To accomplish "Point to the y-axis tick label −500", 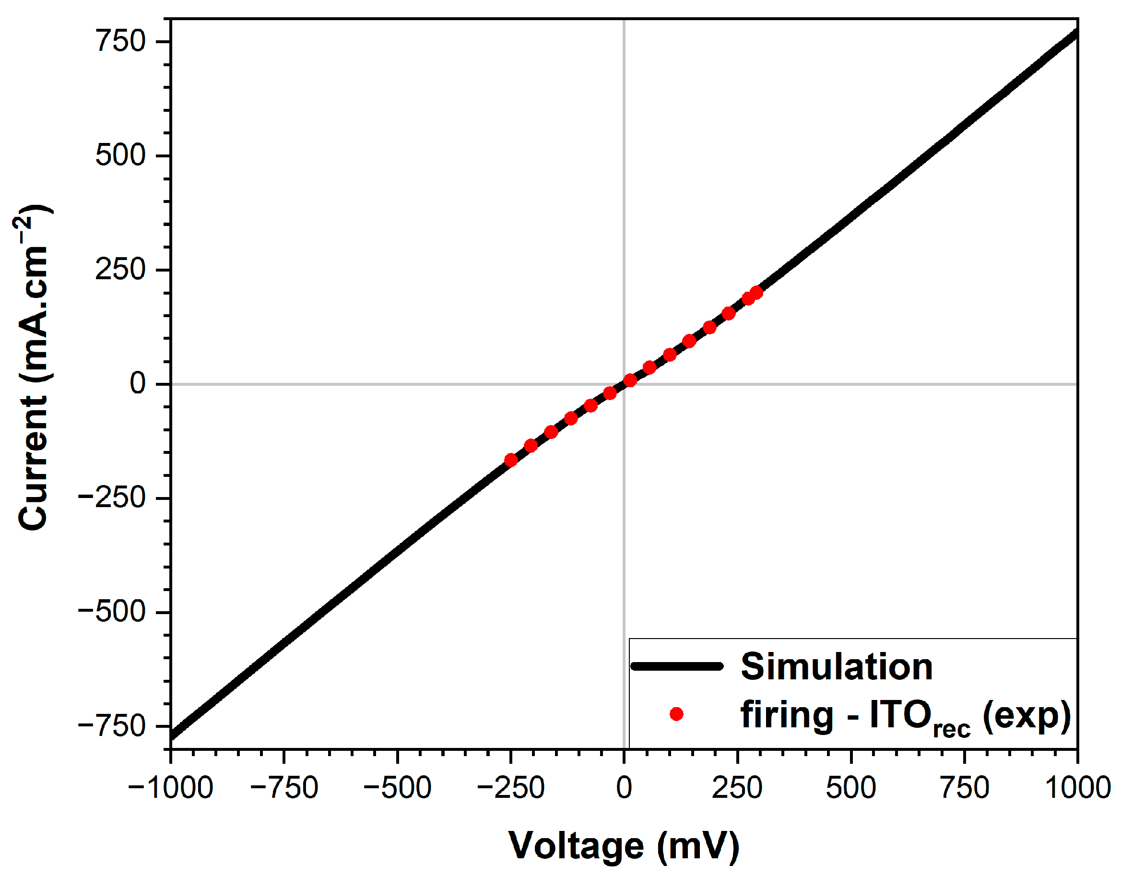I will point(112,612).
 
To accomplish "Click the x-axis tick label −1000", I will point(170,788).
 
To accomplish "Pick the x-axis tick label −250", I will point(511,788).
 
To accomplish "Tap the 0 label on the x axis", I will point(624,788).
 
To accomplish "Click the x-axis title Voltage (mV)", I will point(624,845).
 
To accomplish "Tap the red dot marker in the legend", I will point(676,714).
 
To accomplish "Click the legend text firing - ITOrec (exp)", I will point(906,716).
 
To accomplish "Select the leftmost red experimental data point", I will point(511,460).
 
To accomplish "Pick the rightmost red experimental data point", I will point(756,293).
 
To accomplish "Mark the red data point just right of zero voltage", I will point(630,380).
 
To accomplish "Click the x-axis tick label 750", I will point(965,788).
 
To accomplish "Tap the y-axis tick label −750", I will point(112,726).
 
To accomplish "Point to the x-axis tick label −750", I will point(284,788).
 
